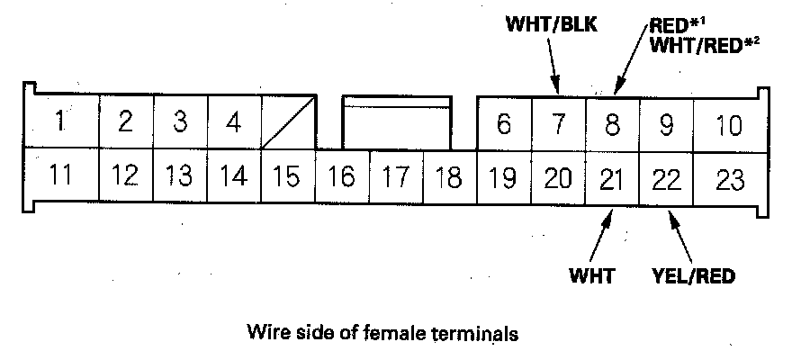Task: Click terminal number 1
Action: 59,121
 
